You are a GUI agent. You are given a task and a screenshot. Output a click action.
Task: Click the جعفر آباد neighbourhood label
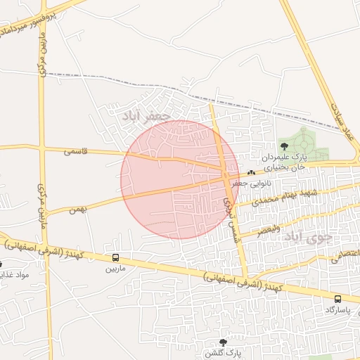(146, 115)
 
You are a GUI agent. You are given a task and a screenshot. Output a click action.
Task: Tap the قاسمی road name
(75, 150)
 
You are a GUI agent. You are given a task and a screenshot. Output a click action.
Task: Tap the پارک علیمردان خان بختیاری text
(284, 163)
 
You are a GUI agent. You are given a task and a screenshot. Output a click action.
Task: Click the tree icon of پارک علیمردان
(284, 146)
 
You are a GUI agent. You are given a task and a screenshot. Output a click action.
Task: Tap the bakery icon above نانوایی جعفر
(251, 172)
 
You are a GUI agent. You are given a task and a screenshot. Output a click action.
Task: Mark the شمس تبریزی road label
(229, 211)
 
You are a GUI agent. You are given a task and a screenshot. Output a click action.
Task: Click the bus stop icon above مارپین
(115, 258)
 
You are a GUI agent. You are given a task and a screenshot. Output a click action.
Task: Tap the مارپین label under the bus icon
(115, 269)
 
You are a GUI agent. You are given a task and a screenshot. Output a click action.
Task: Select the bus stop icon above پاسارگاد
(338, 299)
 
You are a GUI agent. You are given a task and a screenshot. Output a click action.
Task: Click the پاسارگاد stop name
(340, 309)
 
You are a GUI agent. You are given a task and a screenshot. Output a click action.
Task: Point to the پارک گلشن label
(224, 351)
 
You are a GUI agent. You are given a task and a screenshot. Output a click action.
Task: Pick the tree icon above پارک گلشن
(224, 342)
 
